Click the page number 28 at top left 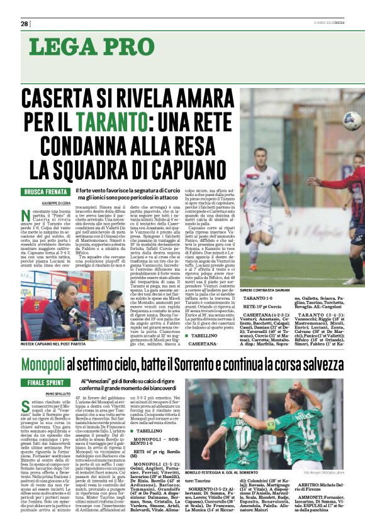(24, 24)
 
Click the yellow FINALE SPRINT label (45, 382)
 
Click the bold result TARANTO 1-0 (257, 300)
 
